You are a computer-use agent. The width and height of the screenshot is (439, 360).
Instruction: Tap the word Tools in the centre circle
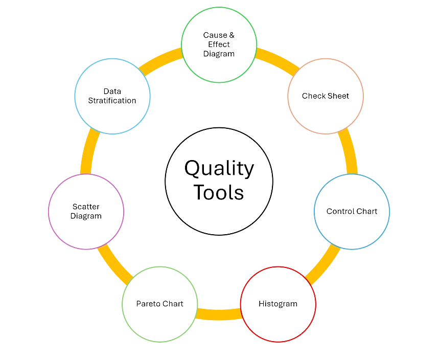click(219, 193)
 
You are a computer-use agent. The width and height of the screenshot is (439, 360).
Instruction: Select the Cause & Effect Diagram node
click(219, 45)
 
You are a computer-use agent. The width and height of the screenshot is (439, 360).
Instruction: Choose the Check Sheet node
click(326, 96)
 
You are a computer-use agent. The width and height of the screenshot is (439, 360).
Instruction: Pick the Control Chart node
click(352, 211)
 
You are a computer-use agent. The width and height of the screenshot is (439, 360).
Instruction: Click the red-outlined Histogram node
click(278, 304)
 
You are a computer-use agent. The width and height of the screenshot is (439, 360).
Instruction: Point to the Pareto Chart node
click(159, 304)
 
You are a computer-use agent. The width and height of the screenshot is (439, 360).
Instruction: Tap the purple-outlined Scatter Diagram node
click(85, 211)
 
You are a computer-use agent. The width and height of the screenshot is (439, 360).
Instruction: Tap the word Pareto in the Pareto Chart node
click(148, 304)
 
